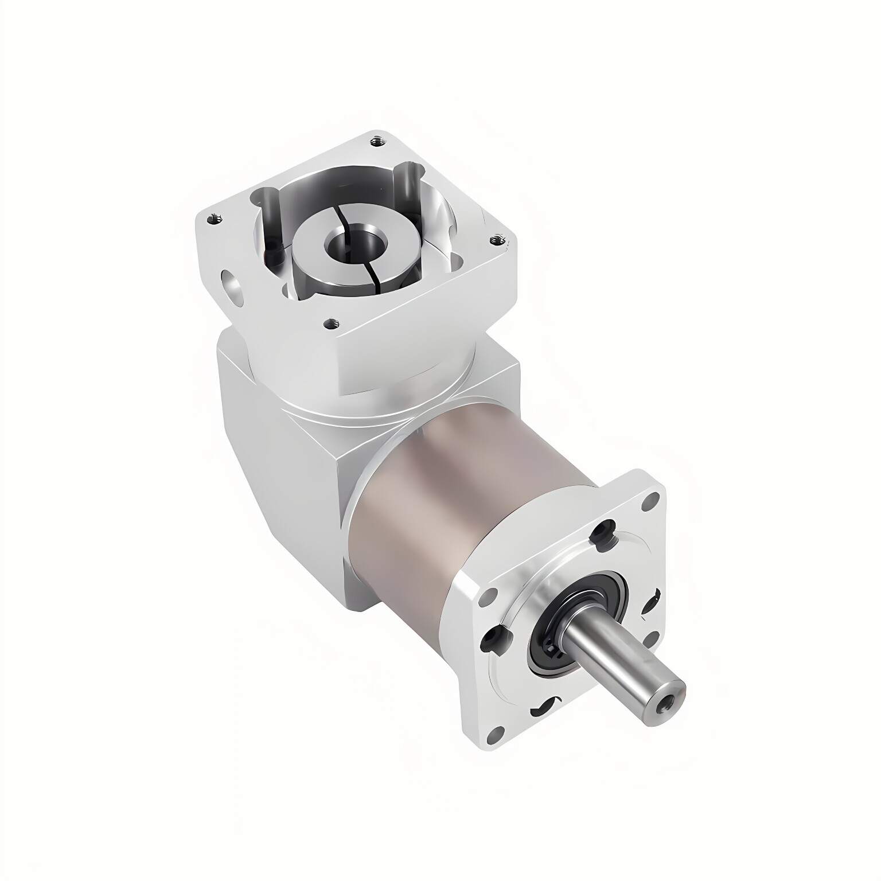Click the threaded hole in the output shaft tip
pyautogui.click(x=667, y=701)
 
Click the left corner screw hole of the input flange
pyautogui.click(x=215, y=218)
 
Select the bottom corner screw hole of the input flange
pyautogui.click(x=330, y=325)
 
